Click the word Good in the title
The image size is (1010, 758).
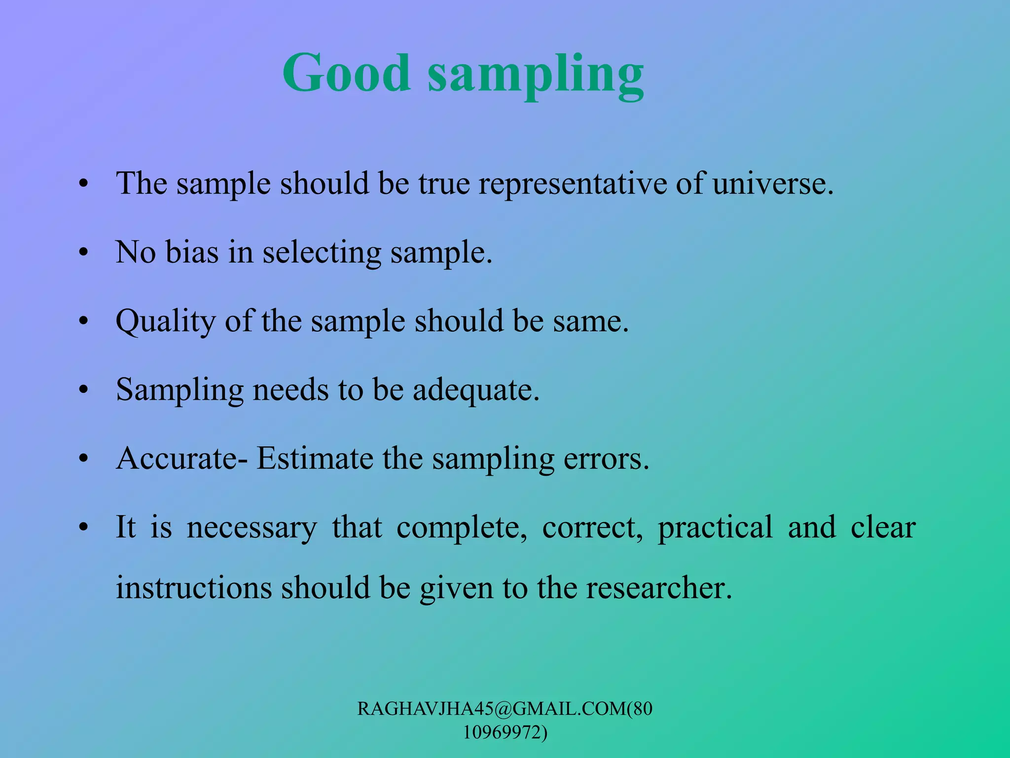click(x=346, y=73)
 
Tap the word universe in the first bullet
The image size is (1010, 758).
click(x=772, y=184)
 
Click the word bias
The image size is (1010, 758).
click(x=191, y=252)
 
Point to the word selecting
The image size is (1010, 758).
click(x=322, y=253)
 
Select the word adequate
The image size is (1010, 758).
click(x=475, y=390)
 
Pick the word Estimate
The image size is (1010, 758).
click(x=315, y=458)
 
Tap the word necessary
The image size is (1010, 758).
click(x=252, y=528)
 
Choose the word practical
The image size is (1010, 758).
click(x=715, y=528)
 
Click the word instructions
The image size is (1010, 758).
click(x=194, y=588)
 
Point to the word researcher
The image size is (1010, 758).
click(x=658, y=588)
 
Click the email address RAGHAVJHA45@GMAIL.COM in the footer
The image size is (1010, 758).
click(x=491, y=709)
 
